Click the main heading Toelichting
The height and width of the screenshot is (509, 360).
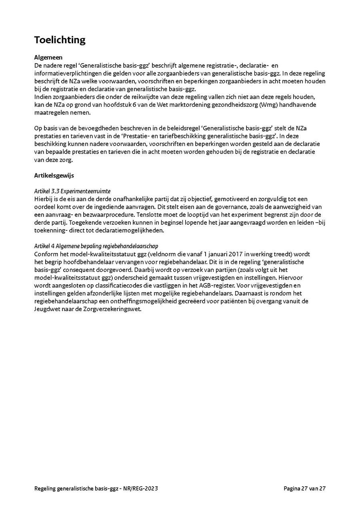click(60, 40)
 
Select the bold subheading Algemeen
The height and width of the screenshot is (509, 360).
click(48, 58)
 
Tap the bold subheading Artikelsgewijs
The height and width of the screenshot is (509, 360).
click(54, 175)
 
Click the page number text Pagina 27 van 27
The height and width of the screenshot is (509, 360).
click(304, 488)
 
